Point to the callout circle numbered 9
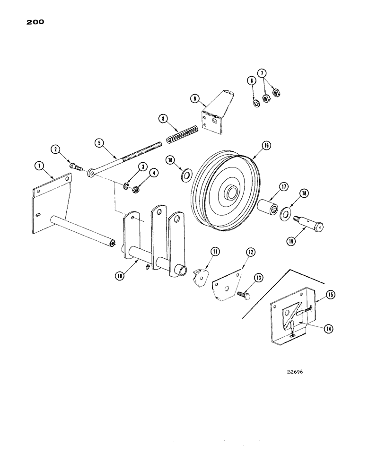click(194, 98)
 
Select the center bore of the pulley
click(231, 193)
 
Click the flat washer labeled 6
click(255, 103)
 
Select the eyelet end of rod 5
click(90, 175)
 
